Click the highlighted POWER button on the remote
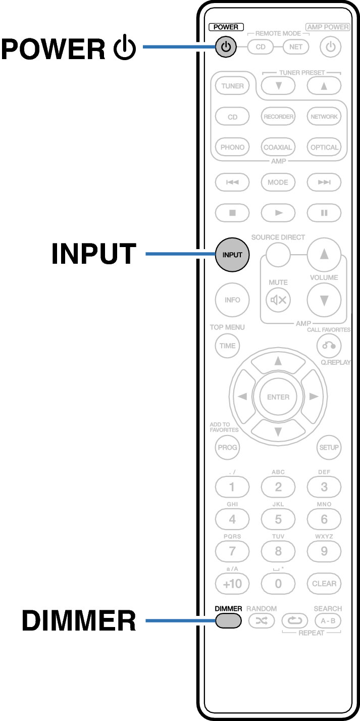(x=226, y=47)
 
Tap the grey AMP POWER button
(x=331, y=47)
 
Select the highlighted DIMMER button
(x=229, y=620)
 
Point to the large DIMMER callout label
(x=79, y=620)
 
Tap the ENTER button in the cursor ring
(x=278, y=397)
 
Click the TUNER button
(x=232, y=86)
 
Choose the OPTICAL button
(x=324, y=148)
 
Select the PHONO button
(x=232, y=148)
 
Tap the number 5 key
(x=278, y=519)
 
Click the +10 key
(x=232, y=584)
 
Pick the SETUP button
(x=329, y=447)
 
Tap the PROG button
(x=227, y=447)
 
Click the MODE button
(x=278, y=182)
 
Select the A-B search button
(x=324, y=620)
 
